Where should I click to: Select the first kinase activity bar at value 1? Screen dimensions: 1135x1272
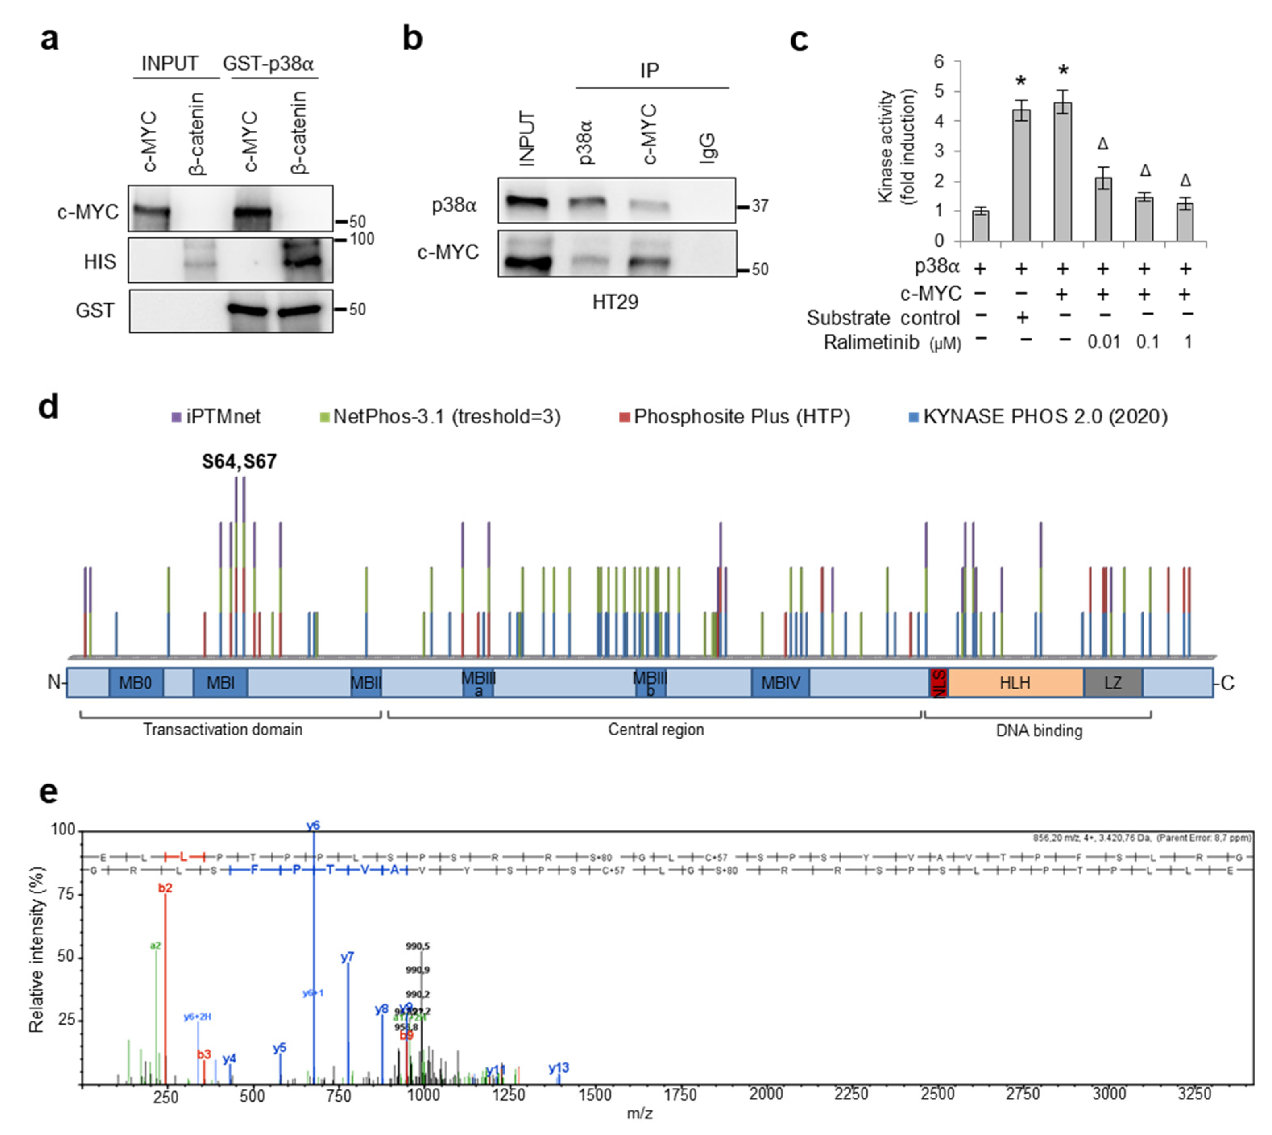click(980, 226)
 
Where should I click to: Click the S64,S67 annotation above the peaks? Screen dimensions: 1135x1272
click(239, 461)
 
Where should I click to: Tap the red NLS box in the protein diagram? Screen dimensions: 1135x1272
click(938, 683)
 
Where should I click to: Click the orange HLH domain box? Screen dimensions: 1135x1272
click(1015, 683)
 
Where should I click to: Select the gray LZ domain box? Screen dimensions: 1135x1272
click(1112, 683)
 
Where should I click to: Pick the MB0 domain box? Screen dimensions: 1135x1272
click(135, 683)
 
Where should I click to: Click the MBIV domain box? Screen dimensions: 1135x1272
click(780, 683)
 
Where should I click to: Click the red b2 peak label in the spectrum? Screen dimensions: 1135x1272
click(165, 888)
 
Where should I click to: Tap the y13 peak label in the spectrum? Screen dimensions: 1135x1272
click(559, 1068)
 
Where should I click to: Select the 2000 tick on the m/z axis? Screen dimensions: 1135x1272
click(766, 1094)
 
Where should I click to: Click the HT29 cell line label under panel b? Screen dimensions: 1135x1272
click(615, 303)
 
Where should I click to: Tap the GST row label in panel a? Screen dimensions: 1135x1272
click(95, 311)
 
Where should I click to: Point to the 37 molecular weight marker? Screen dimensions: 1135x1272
click(760, 206)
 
